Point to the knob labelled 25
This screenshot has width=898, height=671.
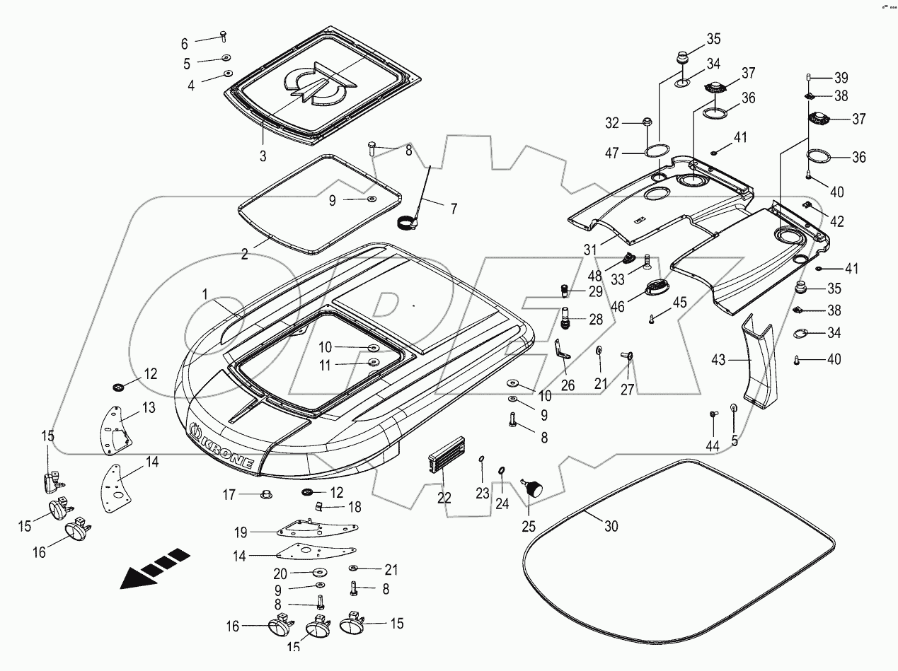[532, 487]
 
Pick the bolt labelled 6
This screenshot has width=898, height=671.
[224, 33]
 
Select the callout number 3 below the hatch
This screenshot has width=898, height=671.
[263, 156]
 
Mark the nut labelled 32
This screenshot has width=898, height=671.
[646, 123]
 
